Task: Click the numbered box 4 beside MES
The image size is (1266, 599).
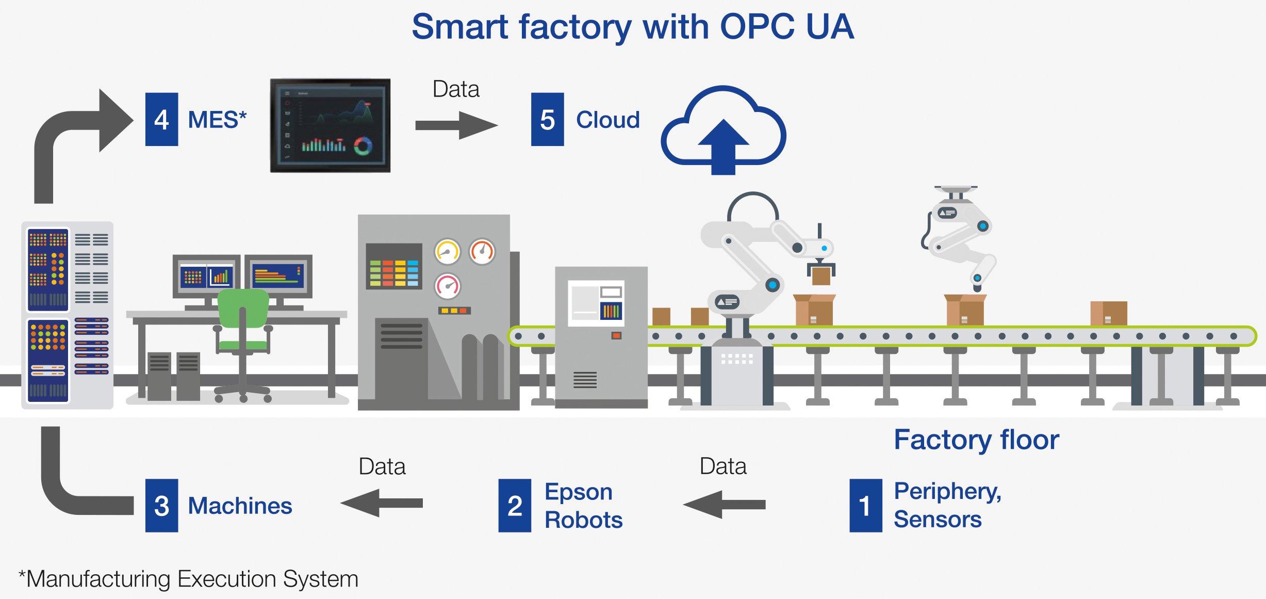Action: [161, 119]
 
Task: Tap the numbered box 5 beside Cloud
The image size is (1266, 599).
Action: [547, 119]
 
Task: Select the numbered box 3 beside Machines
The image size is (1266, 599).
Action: [161, 505]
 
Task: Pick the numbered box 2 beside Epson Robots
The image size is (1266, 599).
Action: [514, 505]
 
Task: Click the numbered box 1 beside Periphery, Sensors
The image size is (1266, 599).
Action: [865, 505]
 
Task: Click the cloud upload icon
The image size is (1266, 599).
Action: [723, 132]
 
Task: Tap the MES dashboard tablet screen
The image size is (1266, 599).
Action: [330, 125]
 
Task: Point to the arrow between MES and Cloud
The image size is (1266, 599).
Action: [456, 125]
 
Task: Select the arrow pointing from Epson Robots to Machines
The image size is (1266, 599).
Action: [382, 503]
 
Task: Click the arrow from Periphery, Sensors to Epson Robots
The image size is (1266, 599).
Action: [724, 504]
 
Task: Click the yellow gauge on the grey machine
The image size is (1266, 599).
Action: [447, 252]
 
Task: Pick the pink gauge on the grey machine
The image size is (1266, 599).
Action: [447, 286]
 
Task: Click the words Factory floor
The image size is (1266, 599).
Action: [976, 440]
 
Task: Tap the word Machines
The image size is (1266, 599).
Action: [240, 506]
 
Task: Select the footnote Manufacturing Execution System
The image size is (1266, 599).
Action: [189, 579]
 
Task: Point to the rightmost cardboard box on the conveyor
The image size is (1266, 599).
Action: [1108, 313]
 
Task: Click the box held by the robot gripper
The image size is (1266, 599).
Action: [821, 276]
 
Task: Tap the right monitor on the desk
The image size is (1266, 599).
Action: [278, 277]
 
